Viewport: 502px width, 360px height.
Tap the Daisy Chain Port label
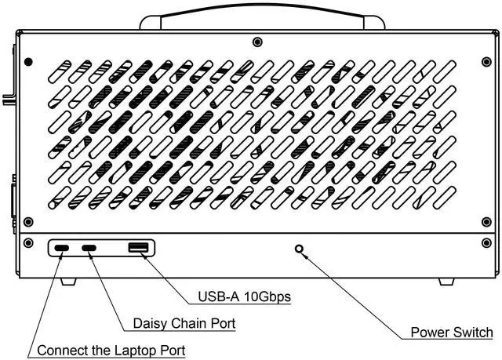coord(184,322)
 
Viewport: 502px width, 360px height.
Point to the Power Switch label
coord(452,332)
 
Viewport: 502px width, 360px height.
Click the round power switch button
coord(299,250)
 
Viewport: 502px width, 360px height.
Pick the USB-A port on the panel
coord(138,249)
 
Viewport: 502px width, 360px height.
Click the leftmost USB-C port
coord(62,249)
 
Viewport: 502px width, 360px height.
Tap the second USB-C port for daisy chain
coord(91,249)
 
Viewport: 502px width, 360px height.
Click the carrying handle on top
coord(263,12)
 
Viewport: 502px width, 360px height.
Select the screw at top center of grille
coord(257,42)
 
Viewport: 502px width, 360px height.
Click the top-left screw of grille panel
coord(28,61)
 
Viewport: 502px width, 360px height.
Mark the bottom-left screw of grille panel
coord(28,222)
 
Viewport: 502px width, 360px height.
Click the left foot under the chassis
coord(67,281)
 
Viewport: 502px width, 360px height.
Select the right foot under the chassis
coord(445,281)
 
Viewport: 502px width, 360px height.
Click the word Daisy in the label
coord(149,322)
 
